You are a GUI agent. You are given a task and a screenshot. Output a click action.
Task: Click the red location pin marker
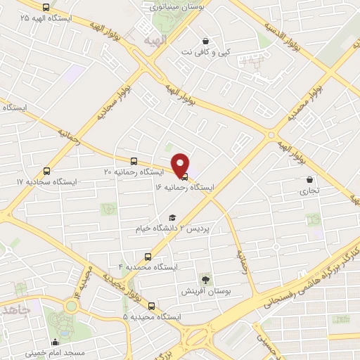pyautogui.click(x=181, y=165)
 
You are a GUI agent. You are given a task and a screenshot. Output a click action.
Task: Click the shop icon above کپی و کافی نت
pyautogui.click(x=205, y=41)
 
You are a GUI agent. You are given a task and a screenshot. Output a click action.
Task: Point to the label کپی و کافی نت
pyautogui.click(x=205, y=52)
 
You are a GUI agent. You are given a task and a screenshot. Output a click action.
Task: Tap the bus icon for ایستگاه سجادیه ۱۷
pyautogui.click(x=47, y=171)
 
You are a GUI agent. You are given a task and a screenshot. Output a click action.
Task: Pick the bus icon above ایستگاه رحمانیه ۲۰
pyautogui.click(x=134, y=161)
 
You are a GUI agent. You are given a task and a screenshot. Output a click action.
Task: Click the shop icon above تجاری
pyautogui.click(x=309, y=179)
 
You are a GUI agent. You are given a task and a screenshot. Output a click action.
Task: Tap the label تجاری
pyautogui.click(x=309, y=190)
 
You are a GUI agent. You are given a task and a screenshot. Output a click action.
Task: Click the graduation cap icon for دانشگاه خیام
pyautogui.click(x=171, y=218)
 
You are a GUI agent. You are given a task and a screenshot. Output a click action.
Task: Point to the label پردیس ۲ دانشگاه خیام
pyautogui.click(x=171, y=229)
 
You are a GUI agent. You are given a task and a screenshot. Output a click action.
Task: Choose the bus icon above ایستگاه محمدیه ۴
pyautogui.click(x=148, y=257)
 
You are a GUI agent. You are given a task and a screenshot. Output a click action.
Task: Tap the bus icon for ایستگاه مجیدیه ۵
pyautogui.click(x=152, y=306)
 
